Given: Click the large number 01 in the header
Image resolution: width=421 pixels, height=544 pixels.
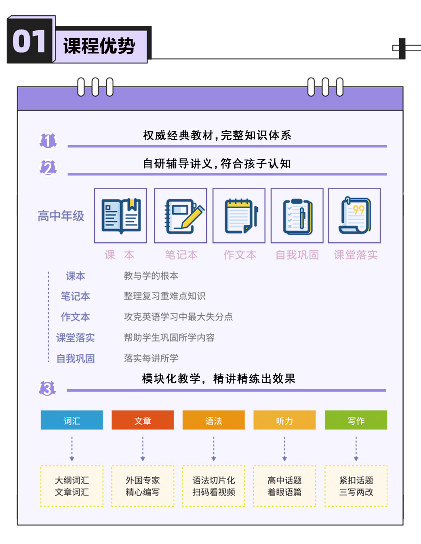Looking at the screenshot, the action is (29, 41).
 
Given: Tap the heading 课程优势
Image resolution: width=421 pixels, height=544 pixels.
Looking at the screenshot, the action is (99, 46).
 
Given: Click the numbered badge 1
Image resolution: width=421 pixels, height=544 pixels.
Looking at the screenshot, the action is (48, 141).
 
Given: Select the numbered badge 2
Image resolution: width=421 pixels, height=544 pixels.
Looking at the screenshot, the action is (48, 168).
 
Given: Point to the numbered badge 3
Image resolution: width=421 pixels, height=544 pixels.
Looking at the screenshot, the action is (47, 389).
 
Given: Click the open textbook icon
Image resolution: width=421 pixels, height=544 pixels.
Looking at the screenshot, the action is (121, 216).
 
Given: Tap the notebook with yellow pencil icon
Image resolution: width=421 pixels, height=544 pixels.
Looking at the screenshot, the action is (184, 216).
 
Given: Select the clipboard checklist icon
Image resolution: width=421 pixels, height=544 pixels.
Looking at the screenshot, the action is (298, 217).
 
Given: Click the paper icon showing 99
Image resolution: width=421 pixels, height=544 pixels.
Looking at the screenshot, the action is (355, 215).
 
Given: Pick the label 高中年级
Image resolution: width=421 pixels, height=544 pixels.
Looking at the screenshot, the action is (61, 216).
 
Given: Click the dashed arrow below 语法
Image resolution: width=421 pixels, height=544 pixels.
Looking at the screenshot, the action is (214, 449).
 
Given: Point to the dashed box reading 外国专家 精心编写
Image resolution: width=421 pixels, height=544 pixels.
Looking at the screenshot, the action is (143, 486).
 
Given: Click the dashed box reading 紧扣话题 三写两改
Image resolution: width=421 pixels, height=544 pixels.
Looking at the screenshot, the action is (356, 486).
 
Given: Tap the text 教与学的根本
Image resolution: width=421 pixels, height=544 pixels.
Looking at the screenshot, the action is (151, 276).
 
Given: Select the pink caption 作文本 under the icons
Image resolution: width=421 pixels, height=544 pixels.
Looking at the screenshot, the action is (240, 255).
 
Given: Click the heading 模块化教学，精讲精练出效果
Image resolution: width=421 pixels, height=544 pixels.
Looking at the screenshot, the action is (219, 379).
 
